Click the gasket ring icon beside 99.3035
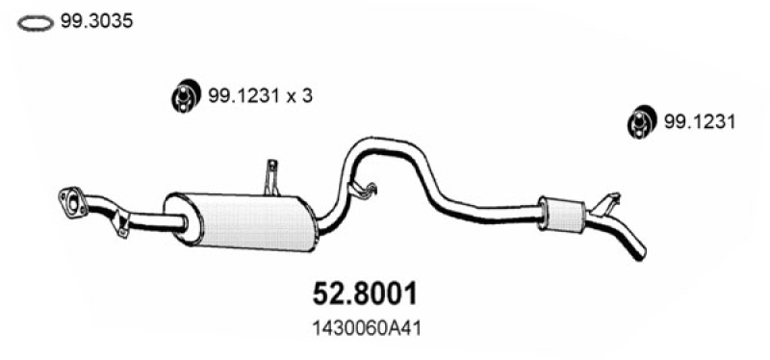point(36,17)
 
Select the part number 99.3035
point(97,21)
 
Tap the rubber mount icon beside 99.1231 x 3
point(186,94)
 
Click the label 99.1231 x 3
point(260,95)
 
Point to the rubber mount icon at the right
point(642,121)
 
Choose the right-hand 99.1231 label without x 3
point(700,122)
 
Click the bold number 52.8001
point(365,294)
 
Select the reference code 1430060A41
point(367,329)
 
